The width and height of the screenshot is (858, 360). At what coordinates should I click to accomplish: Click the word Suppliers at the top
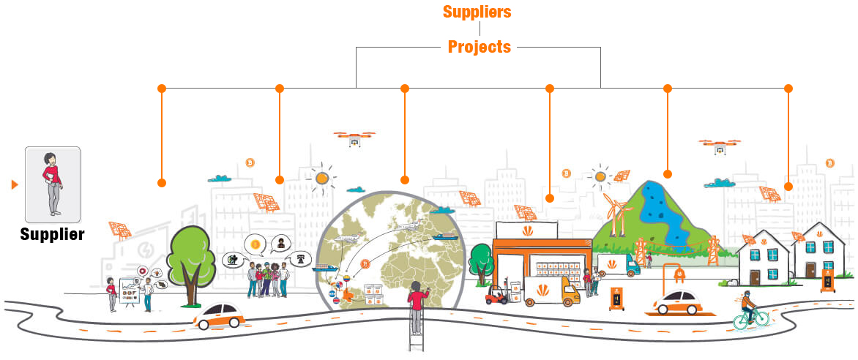tap(477, 12)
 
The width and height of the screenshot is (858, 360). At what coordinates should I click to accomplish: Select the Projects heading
tap(480, 47)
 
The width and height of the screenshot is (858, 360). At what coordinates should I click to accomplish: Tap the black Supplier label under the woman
tap(53, 234)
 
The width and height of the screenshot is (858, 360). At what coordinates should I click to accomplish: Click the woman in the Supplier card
tap(53, 184)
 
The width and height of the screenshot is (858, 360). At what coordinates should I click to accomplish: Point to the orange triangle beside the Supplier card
tap(15, 185)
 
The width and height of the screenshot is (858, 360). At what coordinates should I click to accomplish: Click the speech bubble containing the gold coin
tap(255, 244)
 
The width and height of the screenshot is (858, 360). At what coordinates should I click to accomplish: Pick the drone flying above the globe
tap(354, 138)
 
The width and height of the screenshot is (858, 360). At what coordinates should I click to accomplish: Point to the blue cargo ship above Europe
tap(444, 237)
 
